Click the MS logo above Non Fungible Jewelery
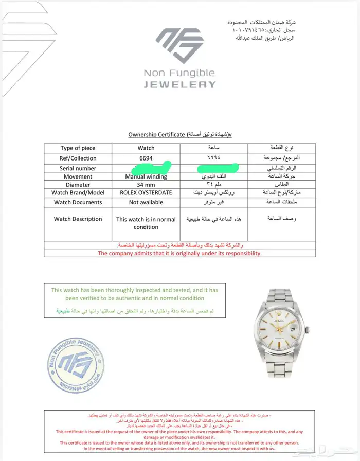(180, 45)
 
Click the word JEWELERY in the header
(179, 85)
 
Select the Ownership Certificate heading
(180, 134)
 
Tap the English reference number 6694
(146, 158)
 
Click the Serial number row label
(78, 168)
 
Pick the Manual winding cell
(146, 177)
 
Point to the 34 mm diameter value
(146, 185)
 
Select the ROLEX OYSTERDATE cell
(146, 193)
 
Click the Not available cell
(146, 202)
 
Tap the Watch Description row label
(78, 219)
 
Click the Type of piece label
(78, 148)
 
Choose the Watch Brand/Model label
(78, 193)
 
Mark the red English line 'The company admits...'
(180, 253)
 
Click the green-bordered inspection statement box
(135, 301)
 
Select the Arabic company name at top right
(262, 22)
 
